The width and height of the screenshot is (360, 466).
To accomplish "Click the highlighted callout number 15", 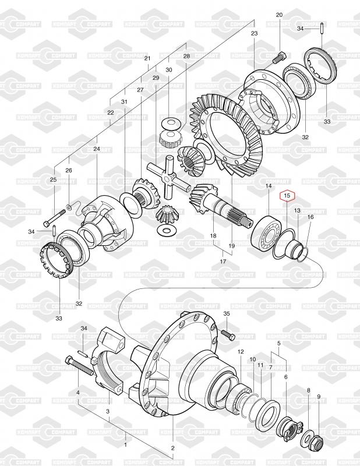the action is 287,196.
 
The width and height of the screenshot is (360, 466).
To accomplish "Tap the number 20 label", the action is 279,15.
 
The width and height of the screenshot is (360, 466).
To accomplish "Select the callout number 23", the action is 254,33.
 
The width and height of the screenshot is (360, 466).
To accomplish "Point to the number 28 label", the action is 186,56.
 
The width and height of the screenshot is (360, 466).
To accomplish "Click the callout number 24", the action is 97,149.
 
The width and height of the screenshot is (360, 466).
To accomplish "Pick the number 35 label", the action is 227,313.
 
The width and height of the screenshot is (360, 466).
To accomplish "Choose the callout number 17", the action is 223,261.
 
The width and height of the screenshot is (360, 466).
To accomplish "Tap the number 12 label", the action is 241,352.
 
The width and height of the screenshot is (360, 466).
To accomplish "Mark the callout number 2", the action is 172,448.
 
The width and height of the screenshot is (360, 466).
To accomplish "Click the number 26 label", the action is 69,170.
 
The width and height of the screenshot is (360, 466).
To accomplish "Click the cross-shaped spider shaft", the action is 168,176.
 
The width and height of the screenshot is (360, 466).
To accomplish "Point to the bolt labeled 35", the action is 228,336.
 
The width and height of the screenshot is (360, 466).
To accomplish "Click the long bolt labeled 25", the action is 55,218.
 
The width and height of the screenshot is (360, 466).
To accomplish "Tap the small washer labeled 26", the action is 69,207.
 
